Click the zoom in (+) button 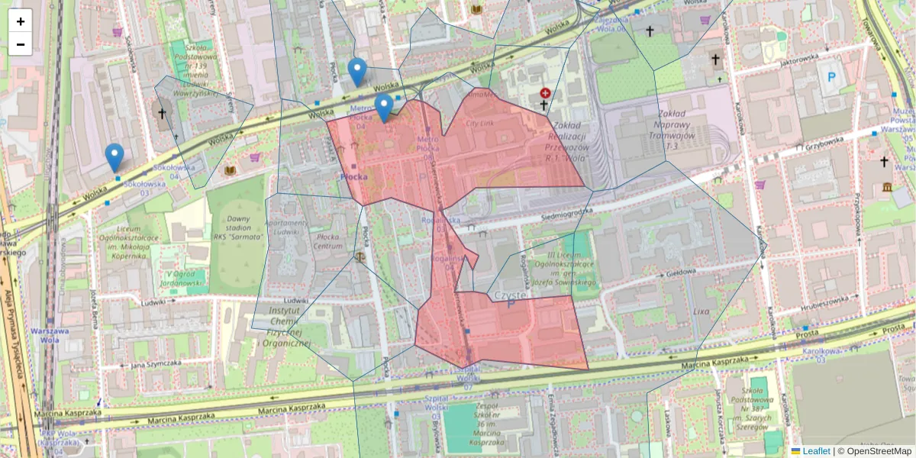(21, 21)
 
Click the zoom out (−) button (21, 44)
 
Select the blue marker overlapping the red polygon (384, 108)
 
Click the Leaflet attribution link (816, 451)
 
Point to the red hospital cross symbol (545, 93)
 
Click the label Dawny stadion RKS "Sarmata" (238, 227)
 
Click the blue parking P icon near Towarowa (831, 76)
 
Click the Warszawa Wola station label (50, 335)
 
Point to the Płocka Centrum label (327, 241)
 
